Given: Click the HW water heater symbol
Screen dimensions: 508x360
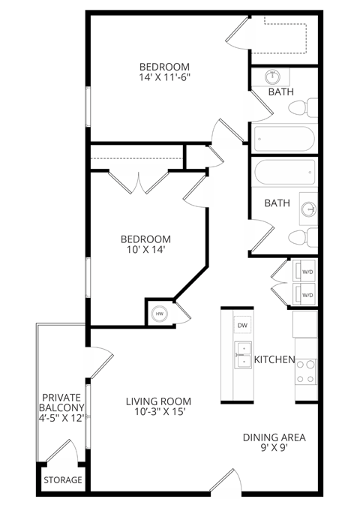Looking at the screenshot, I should (x=159, y=314).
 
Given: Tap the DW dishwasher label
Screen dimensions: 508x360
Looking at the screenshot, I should (x=242, y=326).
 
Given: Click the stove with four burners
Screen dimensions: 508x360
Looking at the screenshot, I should (x=306, y=370).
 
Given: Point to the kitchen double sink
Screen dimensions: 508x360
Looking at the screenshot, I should (x=242, y=356).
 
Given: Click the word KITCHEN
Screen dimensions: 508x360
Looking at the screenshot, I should (x=274, y=359).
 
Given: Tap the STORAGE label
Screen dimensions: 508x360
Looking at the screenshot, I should (x=62, y=480).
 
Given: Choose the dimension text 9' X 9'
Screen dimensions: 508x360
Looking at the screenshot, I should (x=274, y=449).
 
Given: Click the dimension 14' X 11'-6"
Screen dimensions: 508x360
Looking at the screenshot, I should (x=164, y=77).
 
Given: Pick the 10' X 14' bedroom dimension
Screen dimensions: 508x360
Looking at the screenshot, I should (x=146, y=251).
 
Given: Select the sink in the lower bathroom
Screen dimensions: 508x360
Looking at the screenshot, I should (x=307, y=208).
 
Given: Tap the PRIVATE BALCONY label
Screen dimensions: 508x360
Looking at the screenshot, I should (x=61, y=402).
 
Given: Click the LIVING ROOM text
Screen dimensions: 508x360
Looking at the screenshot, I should (x=158, y=401).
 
